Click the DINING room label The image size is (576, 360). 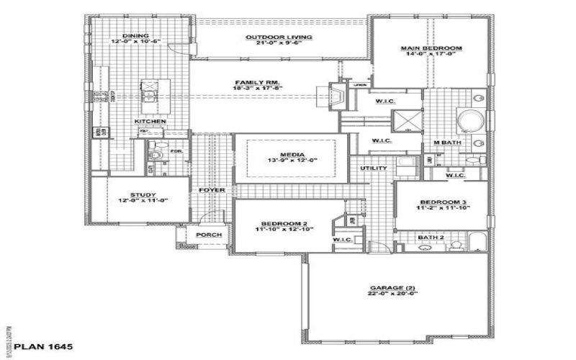135,35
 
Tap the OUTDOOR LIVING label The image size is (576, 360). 269,37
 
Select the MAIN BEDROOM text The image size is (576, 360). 431,48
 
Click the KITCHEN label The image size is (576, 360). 150,122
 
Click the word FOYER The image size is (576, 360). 213,190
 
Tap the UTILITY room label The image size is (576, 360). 374,168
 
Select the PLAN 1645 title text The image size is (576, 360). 42,347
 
